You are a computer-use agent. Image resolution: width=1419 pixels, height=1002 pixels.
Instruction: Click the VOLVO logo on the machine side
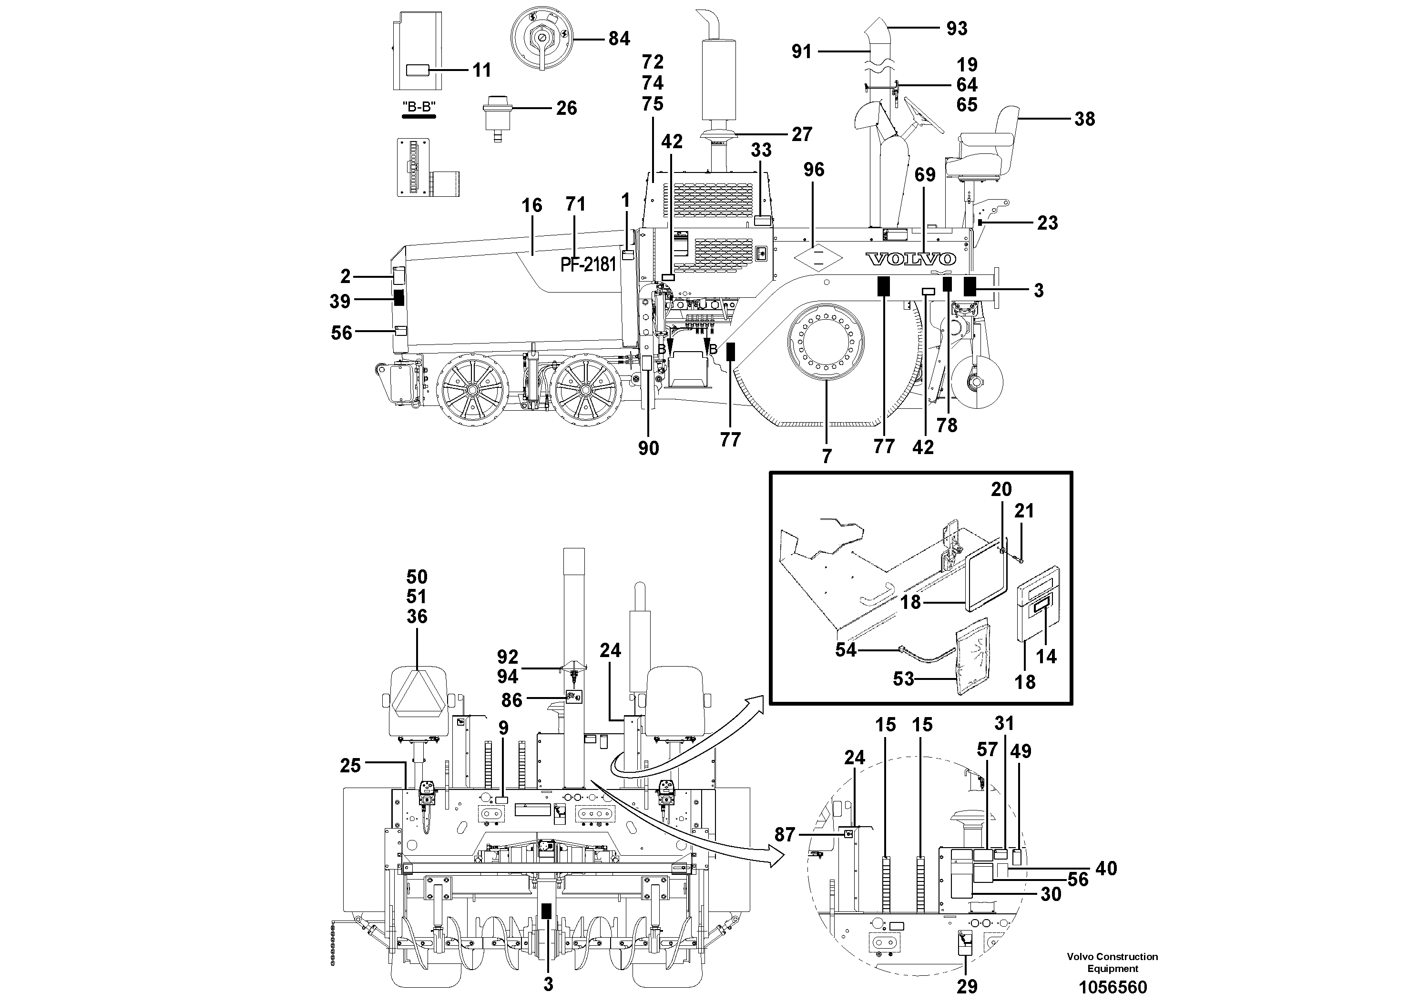[x=910, y=259]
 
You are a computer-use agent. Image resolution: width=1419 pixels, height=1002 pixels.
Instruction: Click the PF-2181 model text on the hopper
[x=588, y=264]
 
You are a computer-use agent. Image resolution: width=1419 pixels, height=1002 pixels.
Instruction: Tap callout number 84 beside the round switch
[x=619, y=39]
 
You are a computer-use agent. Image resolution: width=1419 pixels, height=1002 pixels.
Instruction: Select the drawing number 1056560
[x=1113, y=987]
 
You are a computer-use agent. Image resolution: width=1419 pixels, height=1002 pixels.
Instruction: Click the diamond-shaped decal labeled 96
[x=817, y=259]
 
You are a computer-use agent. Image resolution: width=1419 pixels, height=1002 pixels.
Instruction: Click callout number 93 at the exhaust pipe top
[x=957, y=29]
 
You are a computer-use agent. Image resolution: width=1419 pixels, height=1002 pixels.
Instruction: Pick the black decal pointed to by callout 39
[x=398, y=299]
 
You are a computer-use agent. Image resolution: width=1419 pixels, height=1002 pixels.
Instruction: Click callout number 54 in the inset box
[x=846, y=650]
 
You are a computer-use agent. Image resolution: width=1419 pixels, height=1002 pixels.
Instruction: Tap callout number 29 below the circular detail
[x=967, y=987]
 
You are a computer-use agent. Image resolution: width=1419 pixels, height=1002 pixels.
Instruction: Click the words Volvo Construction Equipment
[x=1112, y=962]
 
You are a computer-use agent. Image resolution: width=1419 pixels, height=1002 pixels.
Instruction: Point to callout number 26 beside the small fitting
[x=566, y=108]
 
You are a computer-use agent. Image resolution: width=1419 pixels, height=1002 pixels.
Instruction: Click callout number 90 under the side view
[x=648, y=448]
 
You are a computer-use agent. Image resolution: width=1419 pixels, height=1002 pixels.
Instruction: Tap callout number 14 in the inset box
[x=1046, y=656]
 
